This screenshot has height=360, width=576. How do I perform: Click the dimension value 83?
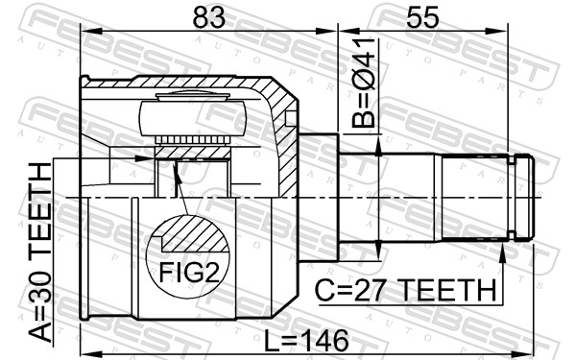point(208,17)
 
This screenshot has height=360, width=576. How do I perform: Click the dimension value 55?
point(422,17)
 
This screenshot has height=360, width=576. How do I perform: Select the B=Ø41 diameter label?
point(364,83)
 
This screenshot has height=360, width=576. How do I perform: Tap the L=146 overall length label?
point(307,340)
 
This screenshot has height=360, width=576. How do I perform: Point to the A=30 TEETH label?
point(40,252)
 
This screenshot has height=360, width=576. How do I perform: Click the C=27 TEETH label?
point(406,290)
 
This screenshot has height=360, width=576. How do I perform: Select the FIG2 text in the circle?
point(189,273)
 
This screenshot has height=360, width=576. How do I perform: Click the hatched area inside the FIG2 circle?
point(195,235)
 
